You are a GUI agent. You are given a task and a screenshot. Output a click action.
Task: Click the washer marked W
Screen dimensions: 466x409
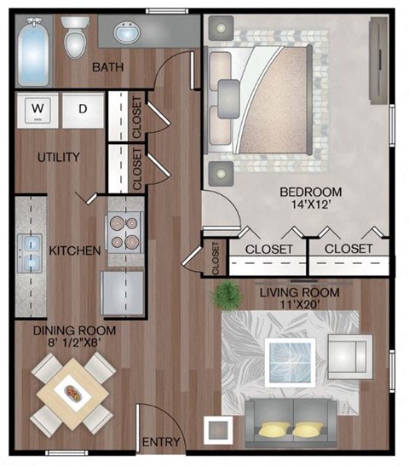coord(37,108)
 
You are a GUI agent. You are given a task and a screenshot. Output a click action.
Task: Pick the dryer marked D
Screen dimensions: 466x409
coord(83,108)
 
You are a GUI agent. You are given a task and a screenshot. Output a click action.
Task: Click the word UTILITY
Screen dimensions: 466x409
coord(58,157)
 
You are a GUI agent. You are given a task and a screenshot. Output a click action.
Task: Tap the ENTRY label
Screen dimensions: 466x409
coord(160,441)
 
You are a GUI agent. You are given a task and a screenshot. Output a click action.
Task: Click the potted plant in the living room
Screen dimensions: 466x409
coord(226,296)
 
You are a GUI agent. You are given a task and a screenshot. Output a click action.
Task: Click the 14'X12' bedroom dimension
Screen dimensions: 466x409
coord(311,205)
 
